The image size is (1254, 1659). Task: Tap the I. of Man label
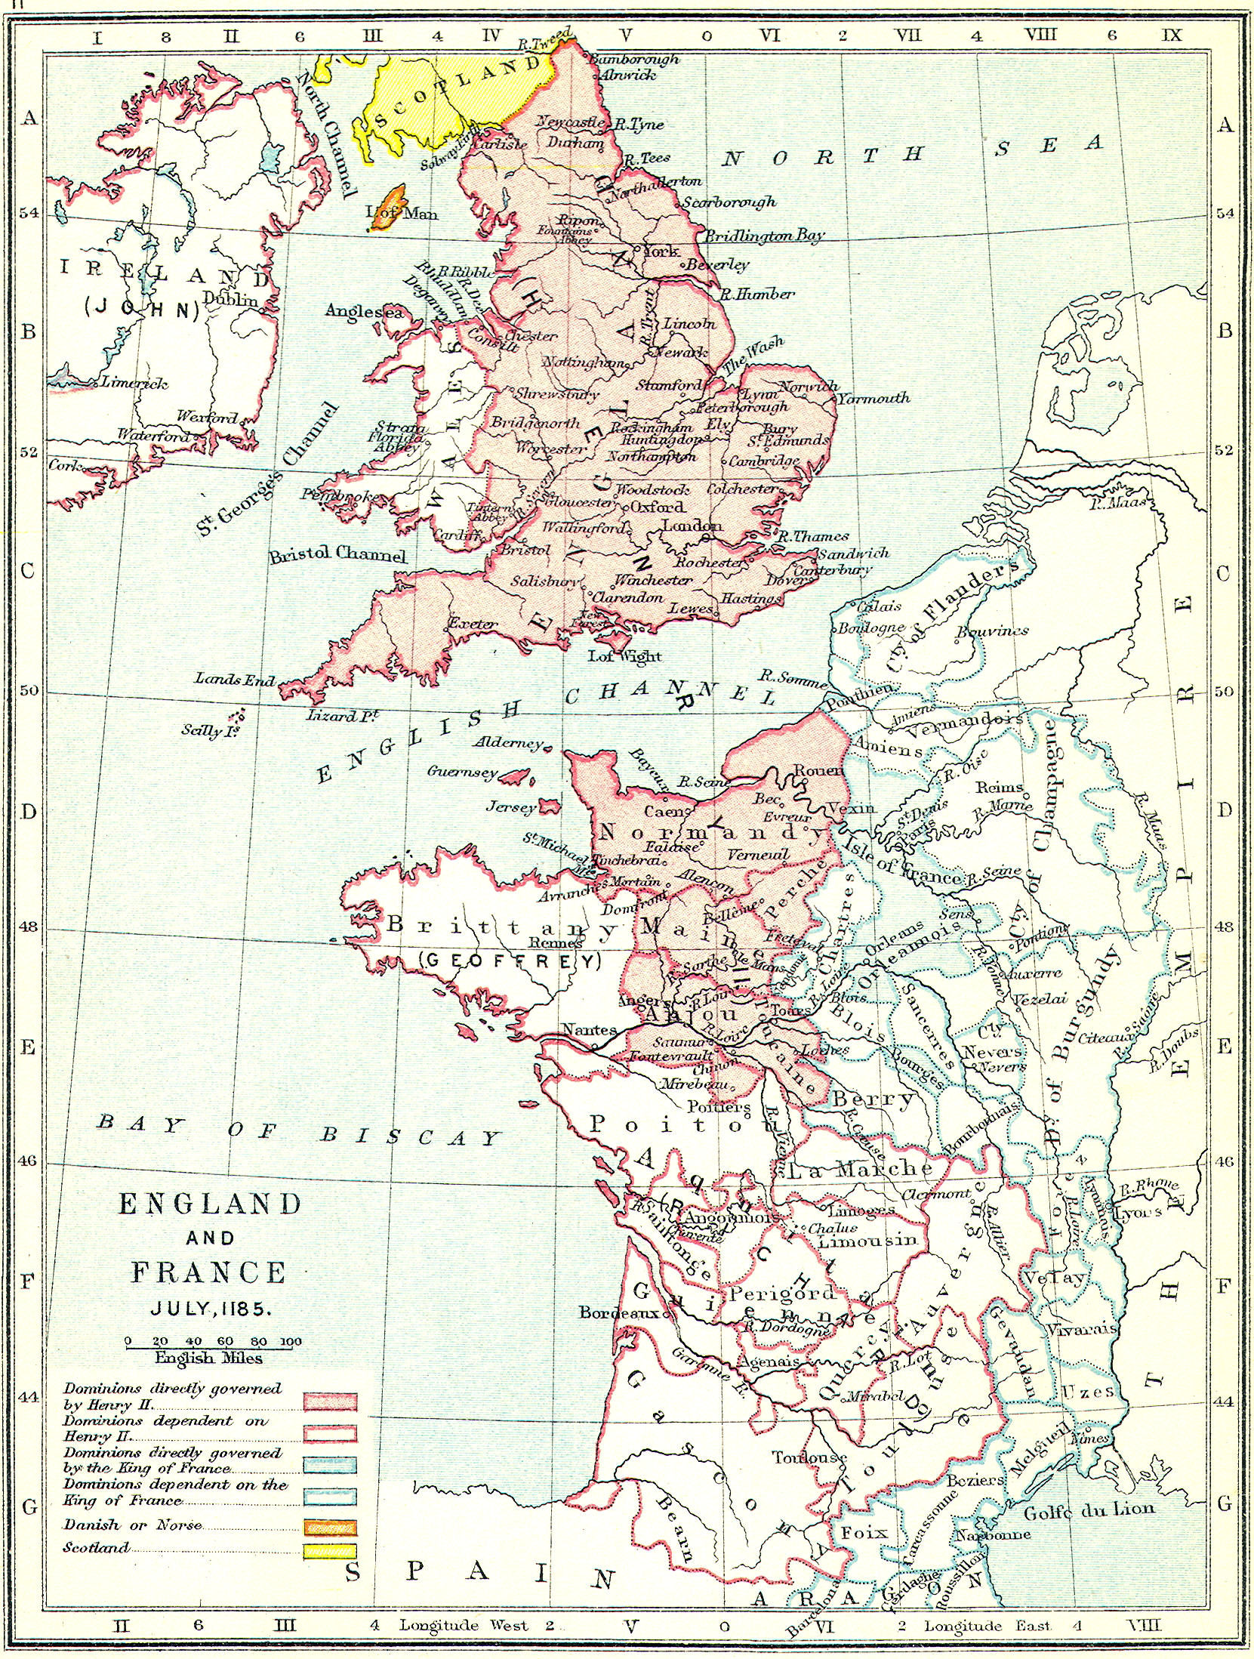pyautogui.click(x=401, y=214)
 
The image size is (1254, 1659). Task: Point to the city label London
pyautogui.click(x=692, y=526)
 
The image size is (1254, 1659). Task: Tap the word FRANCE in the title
pyautogui.click(x=209, y=1272)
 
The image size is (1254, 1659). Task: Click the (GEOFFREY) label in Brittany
pyautogui.click(x=510, y=961)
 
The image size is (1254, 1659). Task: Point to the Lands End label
pyautogui.click(x=235, y=679)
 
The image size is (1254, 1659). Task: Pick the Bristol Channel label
pyautogui.click(x=337, y=554)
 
